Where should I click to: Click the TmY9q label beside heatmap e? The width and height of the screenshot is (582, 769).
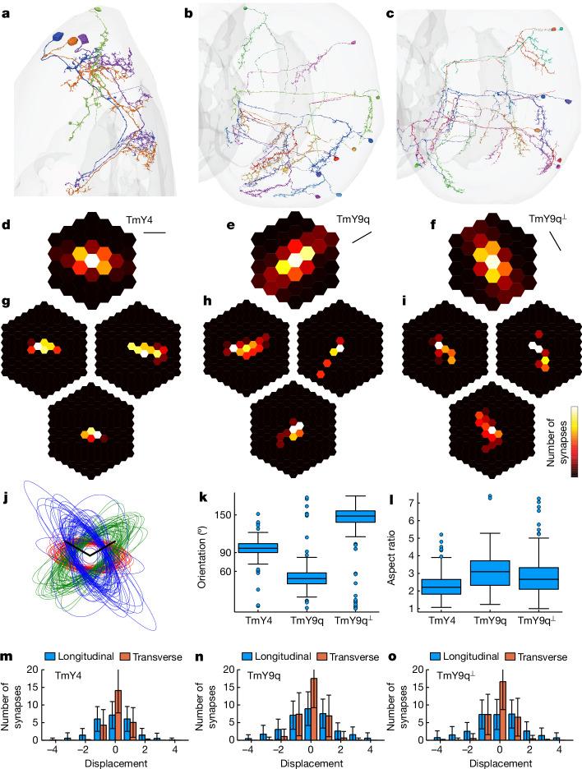click(x=353, y=219)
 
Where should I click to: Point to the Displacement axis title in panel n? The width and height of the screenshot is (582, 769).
click(x=308, y=762)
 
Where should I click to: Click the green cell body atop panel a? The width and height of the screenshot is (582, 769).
click(x=99, y=10)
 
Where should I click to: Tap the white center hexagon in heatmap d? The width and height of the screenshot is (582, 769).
click(x=93, y=260)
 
